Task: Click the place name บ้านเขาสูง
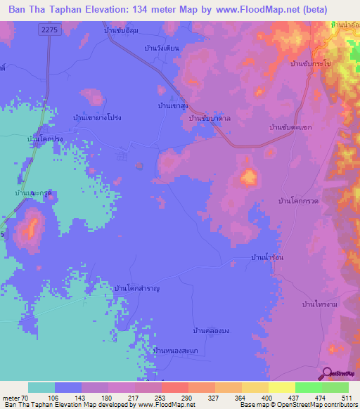(x=173, y=105)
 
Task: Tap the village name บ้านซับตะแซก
(x=290, y=126)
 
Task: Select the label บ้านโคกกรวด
(x=298, y=201)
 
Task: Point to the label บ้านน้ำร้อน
(x=269, y=258)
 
